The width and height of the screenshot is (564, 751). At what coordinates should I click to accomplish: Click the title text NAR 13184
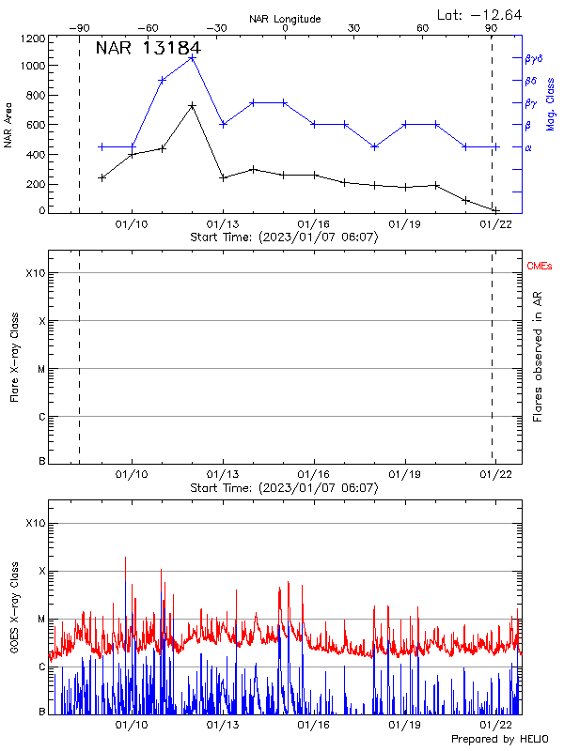click(148, 49)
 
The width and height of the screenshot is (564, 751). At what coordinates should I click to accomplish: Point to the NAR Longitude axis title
click(285, 19)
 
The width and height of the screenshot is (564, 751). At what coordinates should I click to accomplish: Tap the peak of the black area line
click(192, 105)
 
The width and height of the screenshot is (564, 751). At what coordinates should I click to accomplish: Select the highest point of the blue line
click(192, 57)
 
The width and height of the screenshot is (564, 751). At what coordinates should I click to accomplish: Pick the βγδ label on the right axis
click(534, 58)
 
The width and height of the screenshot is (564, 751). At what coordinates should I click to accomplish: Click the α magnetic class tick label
click(528, 146)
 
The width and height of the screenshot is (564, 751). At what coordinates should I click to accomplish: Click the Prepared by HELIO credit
click(498, 740)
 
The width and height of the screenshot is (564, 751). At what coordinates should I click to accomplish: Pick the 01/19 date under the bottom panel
click(404, 726)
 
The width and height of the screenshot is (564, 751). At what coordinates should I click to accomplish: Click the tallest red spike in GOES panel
click(125, 557)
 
